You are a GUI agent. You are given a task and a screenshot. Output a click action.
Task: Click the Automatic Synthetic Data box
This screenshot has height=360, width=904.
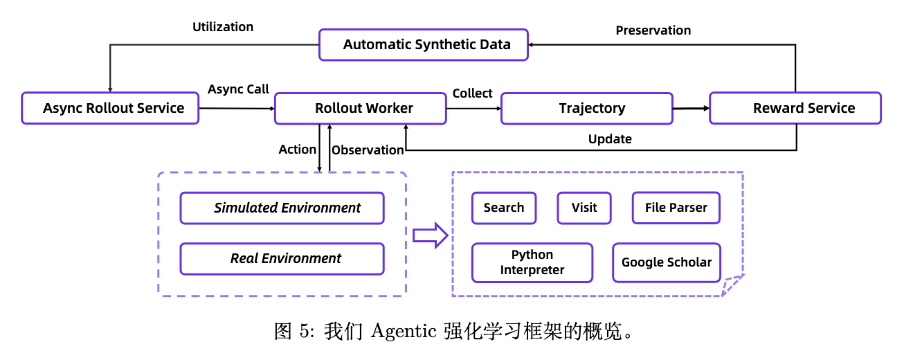click(423, 45)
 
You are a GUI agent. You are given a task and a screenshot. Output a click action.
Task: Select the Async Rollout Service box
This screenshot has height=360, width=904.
click(110, 108)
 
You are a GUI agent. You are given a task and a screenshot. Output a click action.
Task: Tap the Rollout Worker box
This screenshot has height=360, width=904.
click(361, 108)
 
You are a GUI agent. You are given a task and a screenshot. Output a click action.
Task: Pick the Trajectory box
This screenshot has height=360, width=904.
click(586, 108)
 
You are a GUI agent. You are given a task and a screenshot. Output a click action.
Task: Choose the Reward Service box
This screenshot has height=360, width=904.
click(795, 108)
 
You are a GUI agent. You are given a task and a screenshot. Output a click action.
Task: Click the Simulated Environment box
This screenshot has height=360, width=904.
click(282, 208)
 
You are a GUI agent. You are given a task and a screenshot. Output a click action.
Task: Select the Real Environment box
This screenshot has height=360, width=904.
click(282, 258)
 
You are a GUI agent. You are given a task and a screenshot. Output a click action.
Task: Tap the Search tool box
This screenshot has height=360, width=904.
click(504, 208)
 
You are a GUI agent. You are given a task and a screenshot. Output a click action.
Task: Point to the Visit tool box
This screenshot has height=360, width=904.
click(584, 208)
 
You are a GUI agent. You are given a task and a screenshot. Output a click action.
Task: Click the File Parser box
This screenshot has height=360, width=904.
click(676, 208)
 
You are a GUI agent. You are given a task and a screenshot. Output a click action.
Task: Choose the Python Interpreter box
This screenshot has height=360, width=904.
click(532, 262)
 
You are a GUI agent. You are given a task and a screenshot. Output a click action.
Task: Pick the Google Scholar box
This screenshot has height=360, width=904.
click(667, 262)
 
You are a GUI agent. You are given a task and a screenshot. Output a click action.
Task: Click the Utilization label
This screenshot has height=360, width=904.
click(223, 27)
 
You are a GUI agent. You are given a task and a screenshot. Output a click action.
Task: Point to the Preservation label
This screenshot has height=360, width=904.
click(653, 30)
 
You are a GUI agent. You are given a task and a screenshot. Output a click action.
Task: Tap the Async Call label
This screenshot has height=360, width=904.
click(239, 90)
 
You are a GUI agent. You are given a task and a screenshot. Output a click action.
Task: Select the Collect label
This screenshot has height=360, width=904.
click(473, 93)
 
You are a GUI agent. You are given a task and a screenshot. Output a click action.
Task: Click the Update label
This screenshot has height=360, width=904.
click(610, 139)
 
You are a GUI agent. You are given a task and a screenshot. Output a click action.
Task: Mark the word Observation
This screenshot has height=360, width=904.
click(368, 150)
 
